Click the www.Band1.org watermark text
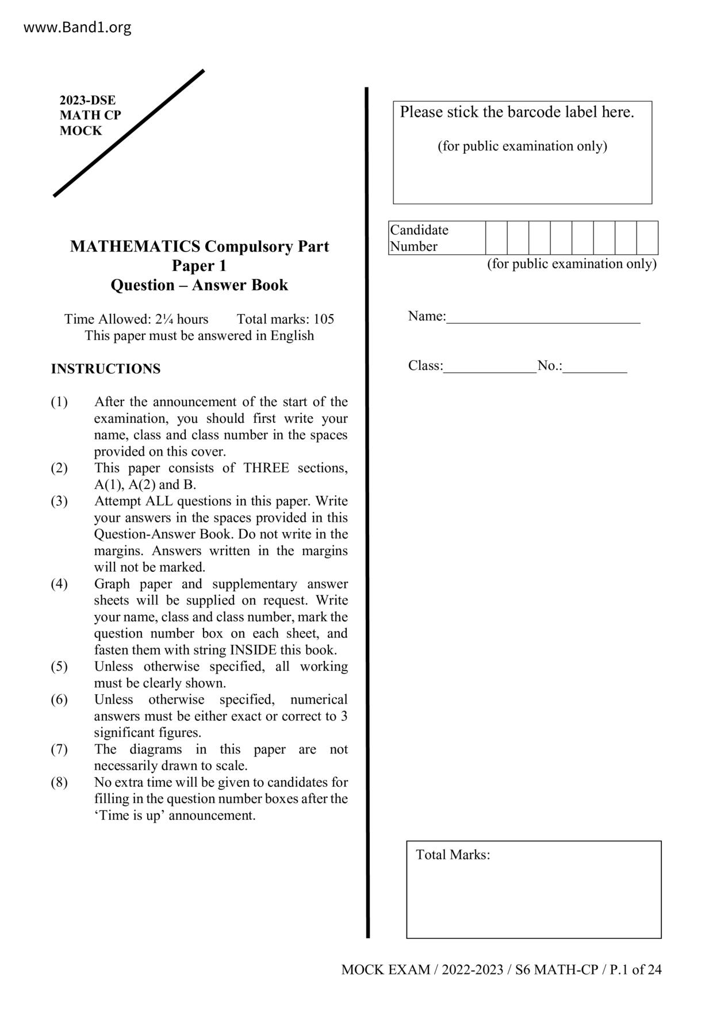click(x=77, y=27)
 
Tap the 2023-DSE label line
click(x=87, y=100)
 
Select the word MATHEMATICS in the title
click(x=135, y=246)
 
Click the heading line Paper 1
click(x=199, y=266)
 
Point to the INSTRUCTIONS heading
click(x=106, y=369)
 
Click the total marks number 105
click(x=324, y=319)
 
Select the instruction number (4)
click(x=59, y=584)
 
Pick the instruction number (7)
click(x=59, y=750)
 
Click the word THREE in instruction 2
click(x=266, y=468)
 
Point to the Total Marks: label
click(x=453, y=855)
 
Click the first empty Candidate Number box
click(x=496, y=238)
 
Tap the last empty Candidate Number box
click(x=647, y=238)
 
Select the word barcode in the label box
click(x=532, y=112)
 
